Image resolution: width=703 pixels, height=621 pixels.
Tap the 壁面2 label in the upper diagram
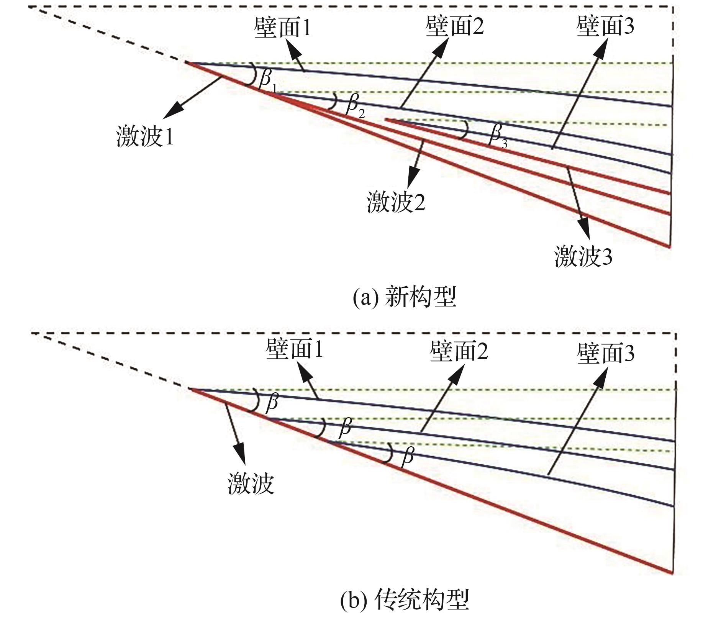point(454,26)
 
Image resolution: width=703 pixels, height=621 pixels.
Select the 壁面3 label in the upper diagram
point(605,26)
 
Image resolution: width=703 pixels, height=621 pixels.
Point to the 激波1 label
point(145,136)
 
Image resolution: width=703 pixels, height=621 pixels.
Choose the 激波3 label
point(583,256)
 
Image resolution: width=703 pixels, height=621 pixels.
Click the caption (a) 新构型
point(405,297)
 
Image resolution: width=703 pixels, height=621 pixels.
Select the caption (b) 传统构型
point(405,600)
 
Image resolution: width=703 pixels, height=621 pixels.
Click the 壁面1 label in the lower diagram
point(294,349)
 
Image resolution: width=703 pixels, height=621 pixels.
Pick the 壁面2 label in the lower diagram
point(459,351)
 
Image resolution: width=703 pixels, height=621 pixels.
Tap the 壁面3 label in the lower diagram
point(605,352)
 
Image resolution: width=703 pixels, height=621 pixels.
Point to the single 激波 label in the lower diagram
point(251,483)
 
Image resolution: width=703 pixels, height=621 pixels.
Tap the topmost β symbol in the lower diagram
point(272,402)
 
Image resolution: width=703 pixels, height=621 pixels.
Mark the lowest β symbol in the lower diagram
point(408,456)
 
